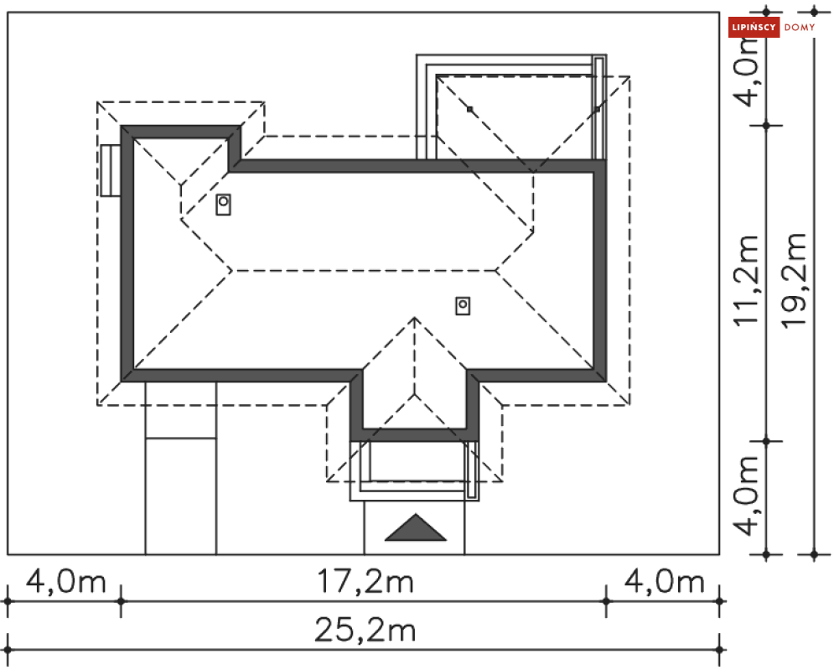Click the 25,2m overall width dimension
pyautogui.click(x=365, y=630)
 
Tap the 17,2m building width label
pyautogui.click(x=365, y=581)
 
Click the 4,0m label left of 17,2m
pyautogui.click(x=66, y=581)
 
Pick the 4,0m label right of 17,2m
pyautogui.click(x=665, y=581)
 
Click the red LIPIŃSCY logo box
pyautogui.click(x=754, y=27)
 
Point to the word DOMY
pyautogui.click(x=800, y=27)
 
